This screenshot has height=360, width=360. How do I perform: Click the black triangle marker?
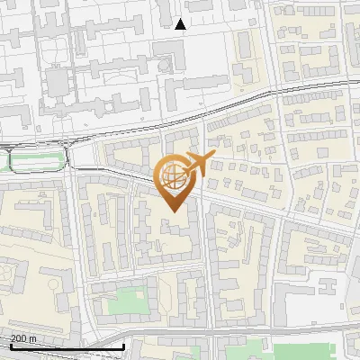181,24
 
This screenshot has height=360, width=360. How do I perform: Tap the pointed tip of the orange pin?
171,211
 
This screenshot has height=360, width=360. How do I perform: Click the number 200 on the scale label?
19,338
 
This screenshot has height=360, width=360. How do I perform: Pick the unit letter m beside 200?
33,338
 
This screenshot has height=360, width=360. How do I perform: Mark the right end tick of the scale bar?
123,346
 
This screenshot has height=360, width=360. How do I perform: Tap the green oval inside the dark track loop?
37,161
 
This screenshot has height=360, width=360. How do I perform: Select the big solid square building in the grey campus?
56,84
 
